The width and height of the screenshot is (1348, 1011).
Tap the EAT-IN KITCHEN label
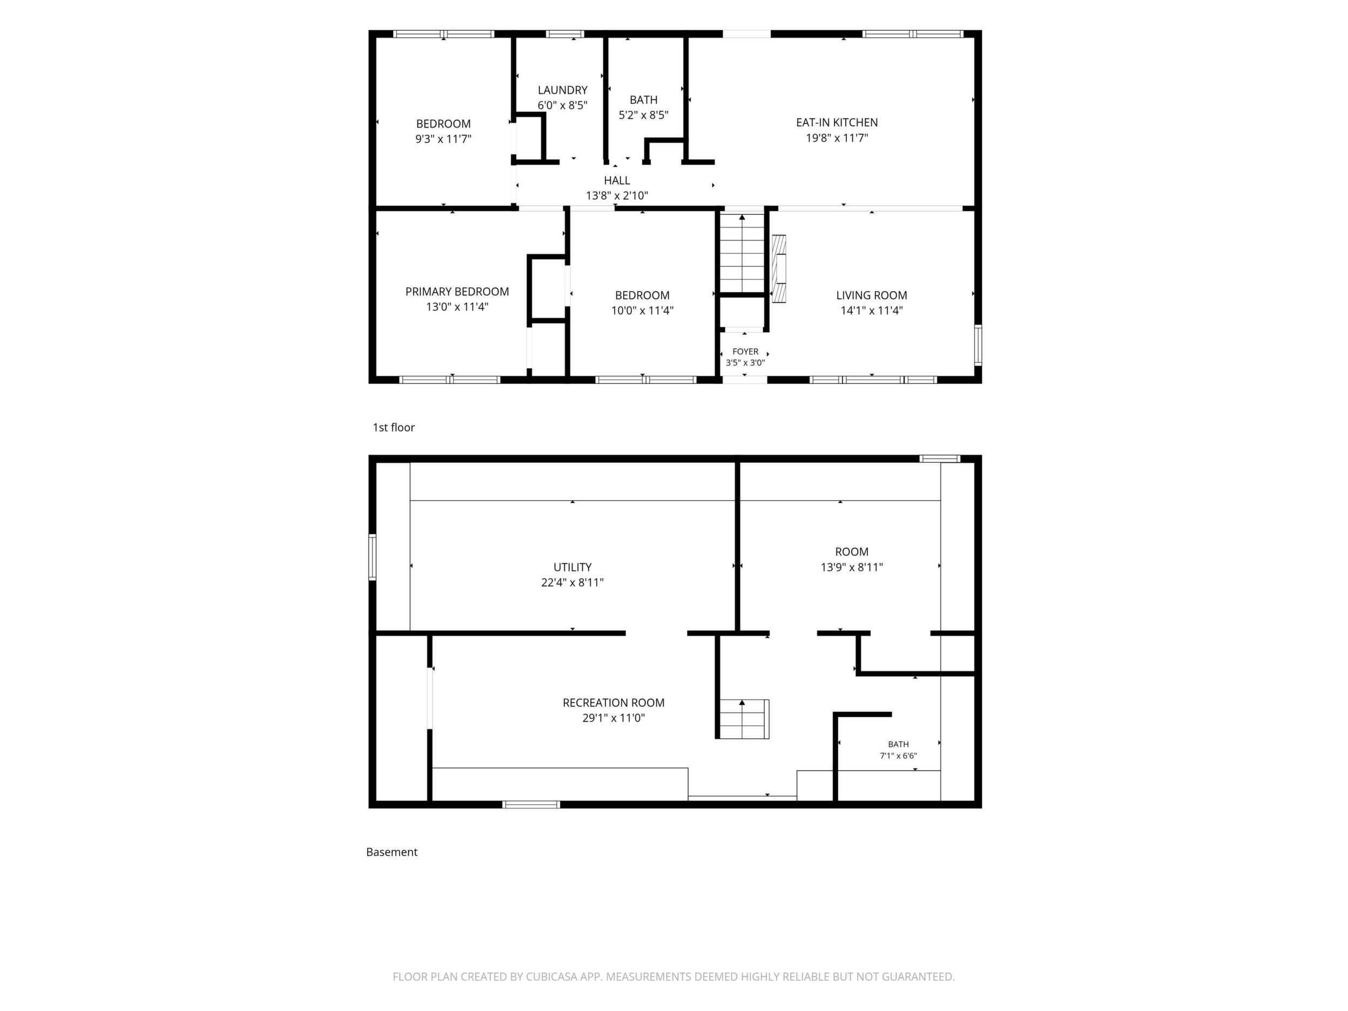837,123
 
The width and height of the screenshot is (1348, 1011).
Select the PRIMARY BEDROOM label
457,292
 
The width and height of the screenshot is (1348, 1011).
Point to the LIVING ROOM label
872,295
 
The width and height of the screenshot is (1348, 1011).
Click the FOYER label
745,352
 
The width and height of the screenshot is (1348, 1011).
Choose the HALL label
617,180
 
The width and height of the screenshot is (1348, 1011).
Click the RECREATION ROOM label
614,703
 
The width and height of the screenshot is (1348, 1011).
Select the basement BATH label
898,744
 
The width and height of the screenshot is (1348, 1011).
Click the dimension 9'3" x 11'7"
443,139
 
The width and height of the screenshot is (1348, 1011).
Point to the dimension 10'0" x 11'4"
642,311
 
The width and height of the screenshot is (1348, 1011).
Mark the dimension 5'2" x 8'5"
644,115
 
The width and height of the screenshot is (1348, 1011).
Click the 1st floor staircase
742,253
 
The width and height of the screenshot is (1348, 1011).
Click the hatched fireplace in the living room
779,269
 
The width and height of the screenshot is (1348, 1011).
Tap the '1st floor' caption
394,428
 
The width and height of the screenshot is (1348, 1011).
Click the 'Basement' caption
392,852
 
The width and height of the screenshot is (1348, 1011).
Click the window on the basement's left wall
372,557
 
